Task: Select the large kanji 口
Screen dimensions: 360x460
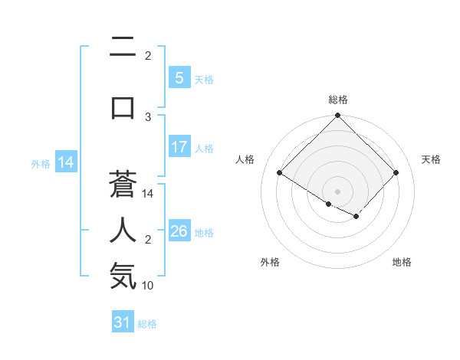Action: (x=123, y=106)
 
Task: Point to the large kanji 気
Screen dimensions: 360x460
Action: (x=123, y=276)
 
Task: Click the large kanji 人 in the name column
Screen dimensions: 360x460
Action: (x=123, y=230)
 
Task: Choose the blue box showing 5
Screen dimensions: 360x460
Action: (x=179, y=77)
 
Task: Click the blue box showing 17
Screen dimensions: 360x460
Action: (x=179, y=147)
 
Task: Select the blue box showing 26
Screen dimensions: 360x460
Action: (x=179, y=231)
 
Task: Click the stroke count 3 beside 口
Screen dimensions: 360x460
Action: (x=148, y=116)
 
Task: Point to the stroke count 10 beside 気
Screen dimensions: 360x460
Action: (x=148, y=286)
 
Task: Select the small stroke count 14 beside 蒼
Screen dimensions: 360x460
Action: (x=148, y=194)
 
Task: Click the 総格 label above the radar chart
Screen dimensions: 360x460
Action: (x=337, y=100)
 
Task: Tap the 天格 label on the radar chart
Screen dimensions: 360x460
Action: (x=431, y=159)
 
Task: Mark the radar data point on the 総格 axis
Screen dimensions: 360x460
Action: (x=337, y=116)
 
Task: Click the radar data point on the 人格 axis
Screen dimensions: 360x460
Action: (x=279, y=173)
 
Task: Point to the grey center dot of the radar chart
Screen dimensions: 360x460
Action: (x=337, y=191)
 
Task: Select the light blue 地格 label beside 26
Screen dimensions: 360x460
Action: (x=204, y=232)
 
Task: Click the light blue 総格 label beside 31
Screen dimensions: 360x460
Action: (x=147, y=323)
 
